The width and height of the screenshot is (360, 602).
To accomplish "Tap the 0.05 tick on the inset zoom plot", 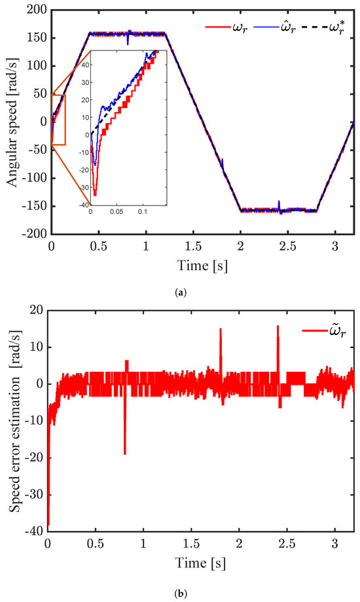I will click(x=117, y=212).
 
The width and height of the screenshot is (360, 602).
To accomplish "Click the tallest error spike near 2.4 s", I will click(x=278, y=327).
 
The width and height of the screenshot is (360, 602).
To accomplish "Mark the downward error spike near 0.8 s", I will click(x=124, y=453).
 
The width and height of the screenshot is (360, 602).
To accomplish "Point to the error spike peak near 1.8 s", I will click(x=221, y=330).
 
